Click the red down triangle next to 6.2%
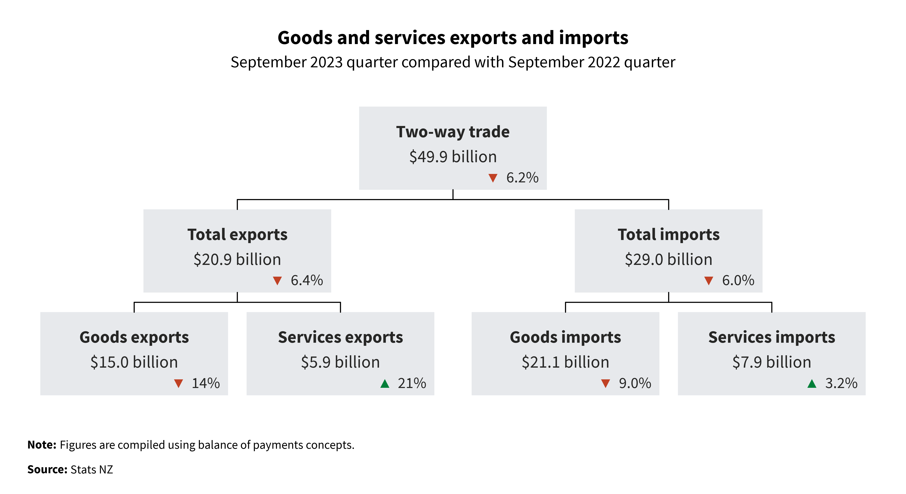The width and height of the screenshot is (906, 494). [x=493, y=178]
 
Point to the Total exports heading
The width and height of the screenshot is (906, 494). [x=237, y=234]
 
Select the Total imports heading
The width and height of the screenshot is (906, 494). [x=669, y=234]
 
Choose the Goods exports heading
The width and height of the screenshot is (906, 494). [x=134, y=337]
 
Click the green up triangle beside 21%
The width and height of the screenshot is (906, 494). [x=385, y=383]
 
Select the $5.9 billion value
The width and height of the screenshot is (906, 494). [x=340, y=362]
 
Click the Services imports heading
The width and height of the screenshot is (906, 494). [x=772, y=337]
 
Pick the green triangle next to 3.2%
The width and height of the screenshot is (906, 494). [x=812, y=383]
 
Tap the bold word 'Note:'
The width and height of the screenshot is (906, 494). [x=42, y=445]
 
